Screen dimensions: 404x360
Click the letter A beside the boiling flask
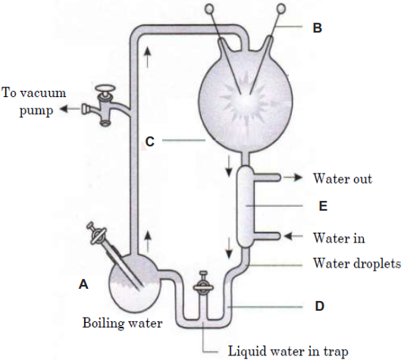(83, 284)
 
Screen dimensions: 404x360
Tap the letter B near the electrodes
(318, 28)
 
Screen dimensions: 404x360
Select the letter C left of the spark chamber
(150, 142)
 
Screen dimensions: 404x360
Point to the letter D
(320, 306)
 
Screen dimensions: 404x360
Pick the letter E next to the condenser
(323, 206)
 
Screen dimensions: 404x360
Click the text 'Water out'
(343, 178)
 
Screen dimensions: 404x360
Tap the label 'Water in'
(339, 237)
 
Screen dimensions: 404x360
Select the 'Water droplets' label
(357, 263)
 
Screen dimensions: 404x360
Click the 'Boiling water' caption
(122, 323)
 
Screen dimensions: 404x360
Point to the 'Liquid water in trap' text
(288, 352)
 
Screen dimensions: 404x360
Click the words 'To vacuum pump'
(34, 102)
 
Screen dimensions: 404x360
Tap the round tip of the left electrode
(209, 9)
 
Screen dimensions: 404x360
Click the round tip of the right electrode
(281, 8)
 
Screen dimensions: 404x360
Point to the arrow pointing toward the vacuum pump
(70, 109)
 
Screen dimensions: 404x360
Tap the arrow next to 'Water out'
(293, 177)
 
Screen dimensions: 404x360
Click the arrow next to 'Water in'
(293, 236)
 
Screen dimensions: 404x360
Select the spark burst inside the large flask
(246, 101)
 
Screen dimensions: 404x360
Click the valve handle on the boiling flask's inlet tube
(98, 235)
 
